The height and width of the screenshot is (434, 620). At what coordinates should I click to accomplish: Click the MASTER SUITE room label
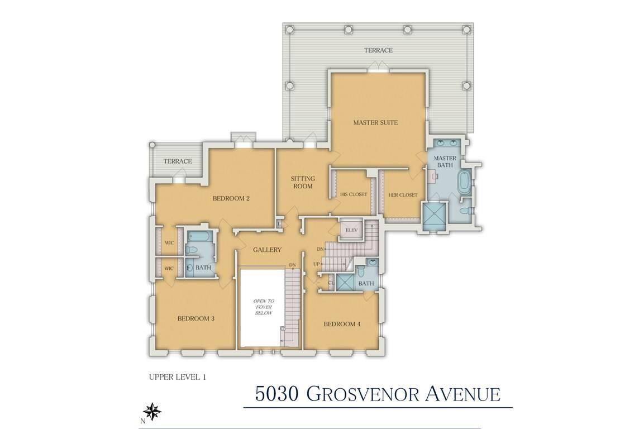tap(375, 122)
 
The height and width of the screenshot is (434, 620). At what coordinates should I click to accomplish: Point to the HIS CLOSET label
tap(354, 194)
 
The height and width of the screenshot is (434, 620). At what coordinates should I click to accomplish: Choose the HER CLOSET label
tap(403, 194)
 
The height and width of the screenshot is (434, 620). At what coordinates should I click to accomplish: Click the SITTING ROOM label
tap(303, 182)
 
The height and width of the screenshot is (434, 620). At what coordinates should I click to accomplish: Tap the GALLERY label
tap(267, 250)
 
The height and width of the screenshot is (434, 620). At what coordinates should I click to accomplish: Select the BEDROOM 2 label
tap(231, 198)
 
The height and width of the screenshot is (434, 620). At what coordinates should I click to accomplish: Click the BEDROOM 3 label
tap(196, 319)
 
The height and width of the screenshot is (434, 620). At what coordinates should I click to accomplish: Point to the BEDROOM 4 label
tap(342, 324)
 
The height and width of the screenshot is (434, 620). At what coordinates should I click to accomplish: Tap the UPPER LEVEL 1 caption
tap(178, 377)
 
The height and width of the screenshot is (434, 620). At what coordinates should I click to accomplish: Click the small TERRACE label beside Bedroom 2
tap(178, 161)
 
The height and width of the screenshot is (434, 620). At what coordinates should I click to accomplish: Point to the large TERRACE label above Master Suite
tap(378, 50)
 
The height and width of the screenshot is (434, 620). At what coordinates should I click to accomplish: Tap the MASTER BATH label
tap(445, 161)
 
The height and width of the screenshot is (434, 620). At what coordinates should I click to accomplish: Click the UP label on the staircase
tap(316, 264)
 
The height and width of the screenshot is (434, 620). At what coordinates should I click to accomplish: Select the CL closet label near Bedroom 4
tap(331, 283)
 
